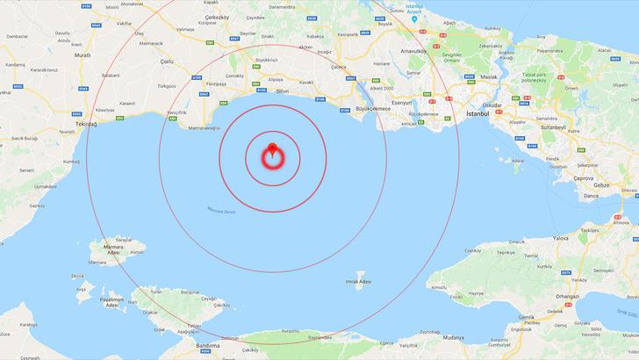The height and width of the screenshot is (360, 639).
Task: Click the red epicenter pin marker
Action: click(x=272, y=149)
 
